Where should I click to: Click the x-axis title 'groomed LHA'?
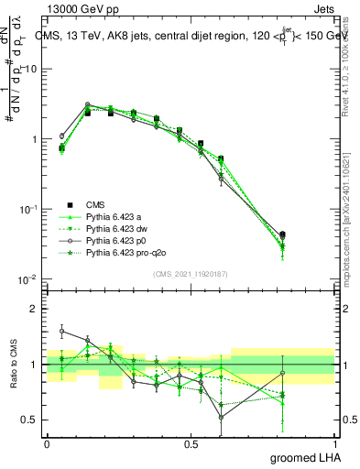click(306, 456)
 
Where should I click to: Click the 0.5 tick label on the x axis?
click(191, 442)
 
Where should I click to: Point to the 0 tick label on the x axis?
click(47, 442)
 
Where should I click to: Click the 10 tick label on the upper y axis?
click(30, 70)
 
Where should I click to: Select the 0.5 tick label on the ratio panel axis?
click(30, 420)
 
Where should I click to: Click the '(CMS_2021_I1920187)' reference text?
click(191, 274)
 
